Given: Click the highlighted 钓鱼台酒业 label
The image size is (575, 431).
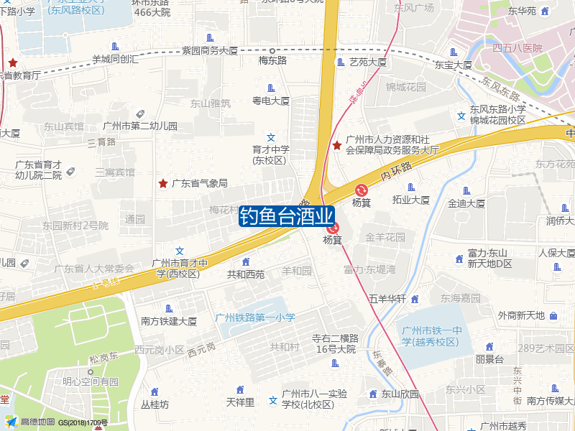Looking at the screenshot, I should pyautogui.click(x=286, y=216).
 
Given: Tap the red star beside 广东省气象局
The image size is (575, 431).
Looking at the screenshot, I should pyautogui.click(x=163, y=183).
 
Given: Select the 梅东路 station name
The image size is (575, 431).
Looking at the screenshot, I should pyautogui.click(x=272, y=60).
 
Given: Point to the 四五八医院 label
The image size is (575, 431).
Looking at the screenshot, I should pyautogui.click(x=517, y=48).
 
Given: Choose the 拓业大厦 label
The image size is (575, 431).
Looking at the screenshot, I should pyautogui.click(x=410, y=200).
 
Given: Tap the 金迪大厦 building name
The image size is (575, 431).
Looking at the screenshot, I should pyautogui.click(x=466, y=203).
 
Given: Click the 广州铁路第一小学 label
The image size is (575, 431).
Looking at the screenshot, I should pyautogui.click(x=255, y=318).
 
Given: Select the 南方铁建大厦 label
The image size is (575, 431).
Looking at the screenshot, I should pyautogui.click(x=169, y=321).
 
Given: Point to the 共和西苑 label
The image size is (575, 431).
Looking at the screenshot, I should pyautogui.click(x=246, y=274).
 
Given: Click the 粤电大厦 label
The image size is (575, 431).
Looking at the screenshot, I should pyautogui.click(x=270, y=101).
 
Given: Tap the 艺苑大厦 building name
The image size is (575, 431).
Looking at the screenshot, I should pyautogui.click(x=367, y=62).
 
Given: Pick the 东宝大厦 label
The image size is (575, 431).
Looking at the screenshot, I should pyautogui.click(x=453, y=65).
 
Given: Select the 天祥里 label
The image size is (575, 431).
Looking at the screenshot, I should pyautogui.click(x=240, y=402).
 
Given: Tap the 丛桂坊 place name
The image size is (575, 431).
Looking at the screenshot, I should pyautogui.click(x=155, y=404).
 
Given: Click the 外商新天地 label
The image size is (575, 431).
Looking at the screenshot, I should pyautogui.click(x=522, y=315).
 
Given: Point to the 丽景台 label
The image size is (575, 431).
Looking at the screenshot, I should pyautogui.click(x=489, y=359).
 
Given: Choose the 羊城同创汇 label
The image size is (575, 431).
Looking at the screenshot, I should pyautogui.click(x=116, y=60).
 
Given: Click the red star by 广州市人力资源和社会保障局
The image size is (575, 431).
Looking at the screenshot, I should pyautogui.click(x=337, y=146).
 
